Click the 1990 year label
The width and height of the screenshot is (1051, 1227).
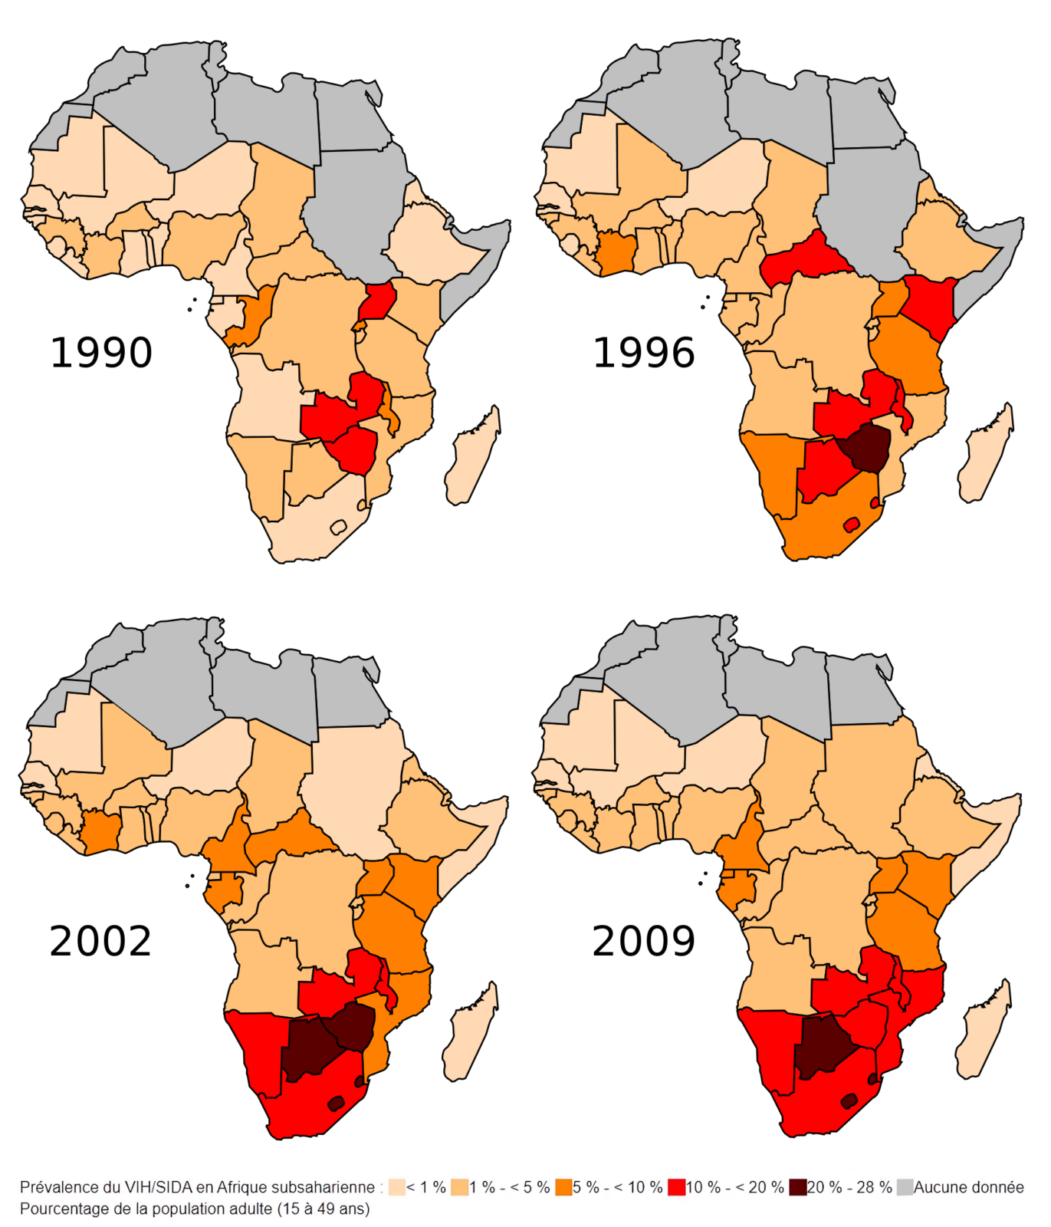[101, 353]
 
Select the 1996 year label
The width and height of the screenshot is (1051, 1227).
[644, 353]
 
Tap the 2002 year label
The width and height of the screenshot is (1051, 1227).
[100, 941]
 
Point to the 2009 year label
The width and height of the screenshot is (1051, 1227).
[644, 941]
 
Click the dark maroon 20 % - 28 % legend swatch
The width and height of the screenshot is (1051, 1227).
[797, 1187]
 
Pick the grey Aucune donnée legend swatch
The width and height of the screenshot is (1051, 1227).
[905, 1187]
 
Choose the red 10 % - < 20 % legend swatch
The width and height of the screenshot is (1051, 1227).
[676, 1187]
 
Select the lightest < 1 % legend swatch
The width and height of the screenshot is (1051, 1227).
[396, 1187]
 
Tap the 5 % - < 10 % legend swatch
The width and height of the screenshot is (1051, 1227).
[564, 1187]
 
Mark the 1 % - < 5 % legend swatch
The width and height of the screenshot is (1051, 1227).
[459, 1187]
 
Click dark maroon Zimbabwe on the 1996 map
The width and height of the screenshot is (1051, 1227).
[865, 447]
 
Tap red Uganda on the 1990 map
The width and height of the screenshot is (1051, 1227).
[378, 301]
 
